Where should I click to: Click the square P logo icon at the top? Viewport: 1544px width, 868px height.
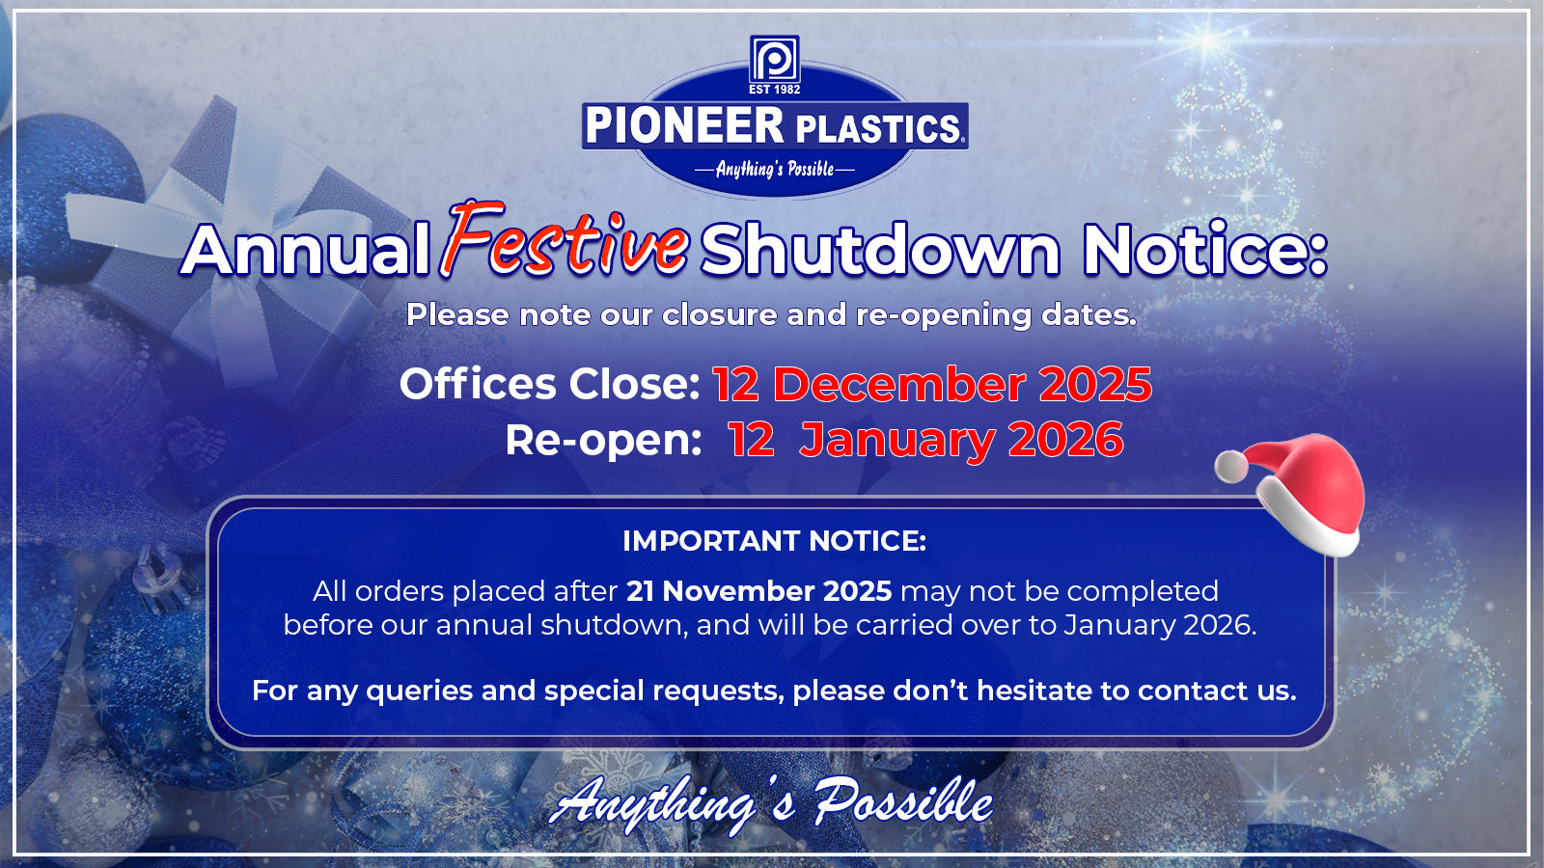(774, 59)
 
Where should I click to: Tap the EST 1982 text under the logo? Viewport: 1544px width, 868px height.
(774, 90)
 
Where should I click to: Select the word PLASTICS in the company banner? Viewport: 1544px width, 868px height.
(878, 129)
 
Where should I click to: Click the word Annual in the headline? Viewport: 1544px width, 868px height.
(305, 250)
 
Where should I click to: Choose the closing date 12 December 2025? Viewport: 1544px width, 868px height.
(932, 384)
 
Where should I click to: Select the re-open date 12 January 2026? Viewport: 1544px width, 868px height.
(926, 440)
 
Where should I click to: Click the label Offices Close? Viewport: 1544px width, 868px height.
(550, 384)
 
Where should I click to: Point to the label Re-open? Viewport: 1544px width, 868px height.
(603, 441)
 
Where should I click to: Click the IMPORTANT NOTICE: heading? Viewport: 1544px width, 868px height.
(774, 541)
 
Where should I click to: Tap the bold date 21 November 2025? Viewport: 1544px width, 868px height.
(758, 591)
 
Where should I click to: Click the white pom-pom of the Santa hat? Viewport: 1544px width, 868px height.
(1231, 467)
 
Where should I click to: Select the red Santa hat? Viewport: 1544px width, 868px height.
(1292, 495)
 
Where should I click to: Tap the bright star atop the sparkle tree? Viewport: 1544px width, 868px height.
(1207, 41)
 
